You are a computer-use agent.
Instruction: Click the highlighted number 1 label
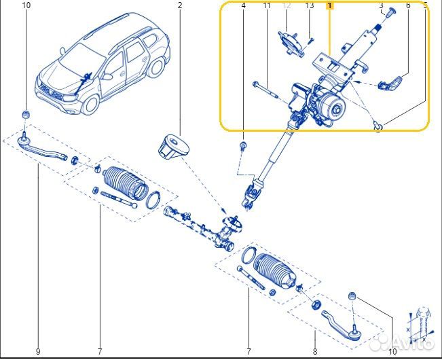[330, 5]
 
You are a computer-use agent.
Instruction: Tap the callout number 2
[180, 5]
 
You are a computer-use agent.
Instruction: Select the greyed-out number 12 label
[287, 5]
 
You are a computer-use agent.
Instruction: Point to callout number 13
[310, 5]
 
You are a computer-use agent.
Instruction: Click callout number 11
[267, 5]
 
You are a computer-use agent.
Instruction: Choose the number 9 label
[38, 351]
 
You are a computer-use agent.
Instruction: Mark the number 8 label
[315, 351]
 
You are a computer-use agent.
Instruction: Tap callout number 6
[408, 5]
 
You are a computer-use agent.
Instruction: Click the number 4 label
[243, 5]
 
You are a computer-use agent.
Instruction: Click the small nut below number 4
[243, 145]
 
